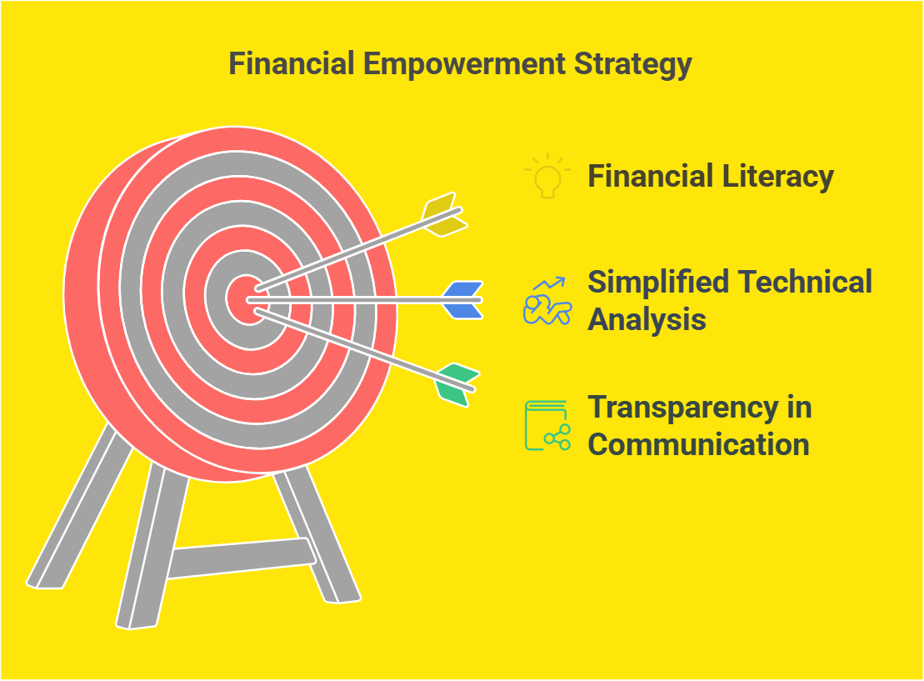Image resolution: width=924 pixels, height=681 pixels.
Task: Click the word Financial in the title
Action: pyautogui.click(x=292, y=63)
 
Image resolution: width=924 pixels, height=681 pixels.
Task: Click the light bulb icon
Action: pyautogui.click(x=547, y=176)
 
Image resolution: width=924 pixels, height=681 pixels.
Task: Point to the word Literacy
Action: pyautogui.click(x=778, y=177)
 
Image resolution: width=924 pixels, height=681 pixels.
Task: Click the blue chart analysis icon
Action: pyautogui.click(x=547, y=301)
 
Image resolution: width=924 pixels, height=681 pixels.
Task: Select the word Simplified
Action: pyautogui.click(x=658, y=282)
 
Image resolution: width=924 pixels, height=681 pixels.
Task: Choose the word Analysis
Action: pyautogui.click(x=647, y=319)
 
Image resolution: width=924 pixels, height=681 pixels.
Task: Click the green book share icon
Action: pyautogui.click(x=547, y=426)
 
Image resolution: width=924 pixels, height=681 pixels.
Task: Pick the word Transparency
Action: pyautogui.click(x=683, y=408)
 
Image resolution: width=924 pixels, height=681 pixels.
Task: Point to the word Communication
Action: pyautogui.click(x=698, y=444)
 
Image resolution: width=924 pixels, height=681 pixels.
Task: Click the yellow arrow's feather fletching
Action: pyautogui.click(x=444, y=214)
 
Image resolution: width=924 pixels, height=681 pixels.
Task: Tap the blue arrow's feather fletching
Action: pyautogui.click(x=463, y=300)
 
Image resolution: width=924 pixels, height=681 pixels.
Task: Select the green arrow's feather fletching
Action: pyautogui.click(x=457, y=384)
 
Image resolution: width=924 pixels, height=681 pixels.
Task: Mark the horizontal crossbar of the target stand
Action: pyautogui.click(x=242, y=558)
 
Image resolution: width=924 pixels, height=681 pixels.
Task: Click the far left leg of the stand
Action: pyautogui.click(x=79, y=507)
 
